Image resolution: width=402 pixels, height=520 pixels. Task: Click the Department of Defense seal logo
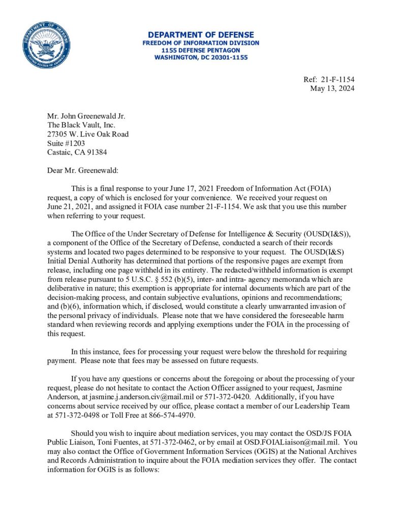coord(46,46)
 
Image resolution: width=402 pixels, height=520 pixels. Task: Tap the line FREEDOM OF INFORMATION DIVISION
coord(201,43)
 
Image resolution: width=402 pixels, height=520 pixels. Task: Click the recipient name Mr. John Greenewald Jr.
coord(86,116)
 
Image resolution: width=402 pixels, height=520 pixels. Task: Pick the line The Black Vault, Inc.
coord(81,125)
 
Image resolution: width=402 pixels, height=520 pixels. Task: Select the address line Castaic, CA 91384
coord(77,152)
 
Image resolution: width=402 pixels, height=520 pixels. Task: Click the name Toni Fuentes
coord(114,443)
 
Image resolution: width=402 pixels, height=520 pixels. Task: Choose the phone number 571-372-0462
coord(167,443)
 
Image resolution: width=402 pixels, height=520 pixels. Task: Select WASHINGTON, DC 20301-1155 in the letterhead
coord(201,57)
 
